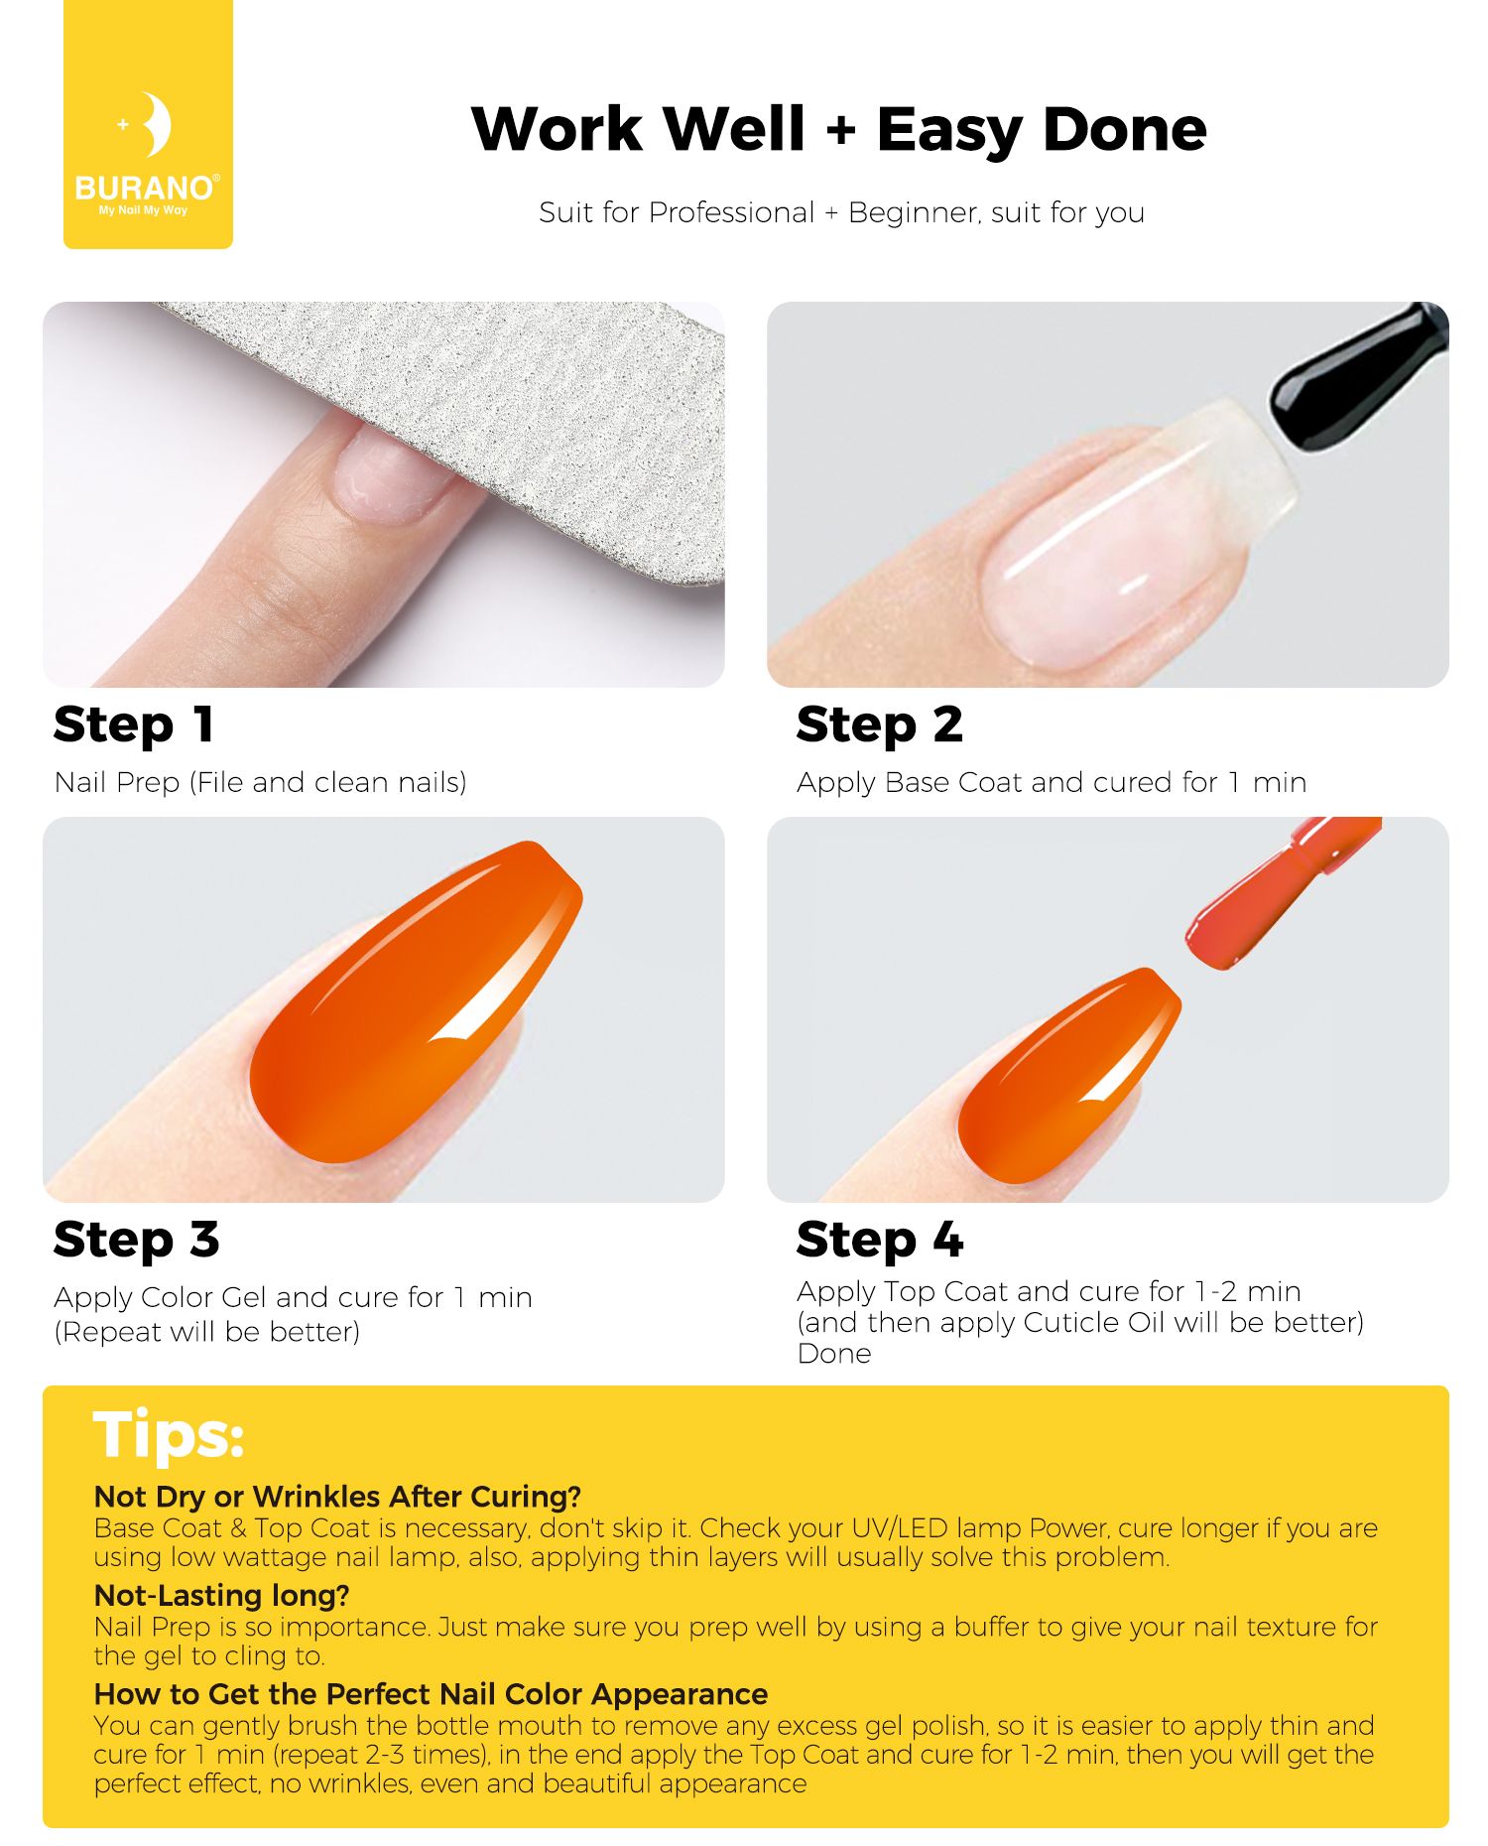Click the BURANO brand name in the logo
[x=145, y=188]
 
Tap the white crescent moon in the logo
[x=155, y=125]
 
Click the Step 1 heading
[x=134, y=725]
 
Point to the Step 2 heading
[x=879, y=725]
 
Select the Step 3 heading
[x=136, y=1240]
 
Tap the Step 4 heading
[x=880, y=1240]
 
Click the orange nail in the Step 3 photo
[x=417, y=1002]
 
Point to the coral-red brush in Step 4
[x=1280, y=893]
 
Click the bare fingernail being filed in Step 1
[x=391, y=471]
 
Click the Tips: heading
[x=169, y=1435]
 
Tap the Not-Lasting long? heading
[x=222, y=1595]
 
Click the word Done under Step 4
[x=834, y=1354]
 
